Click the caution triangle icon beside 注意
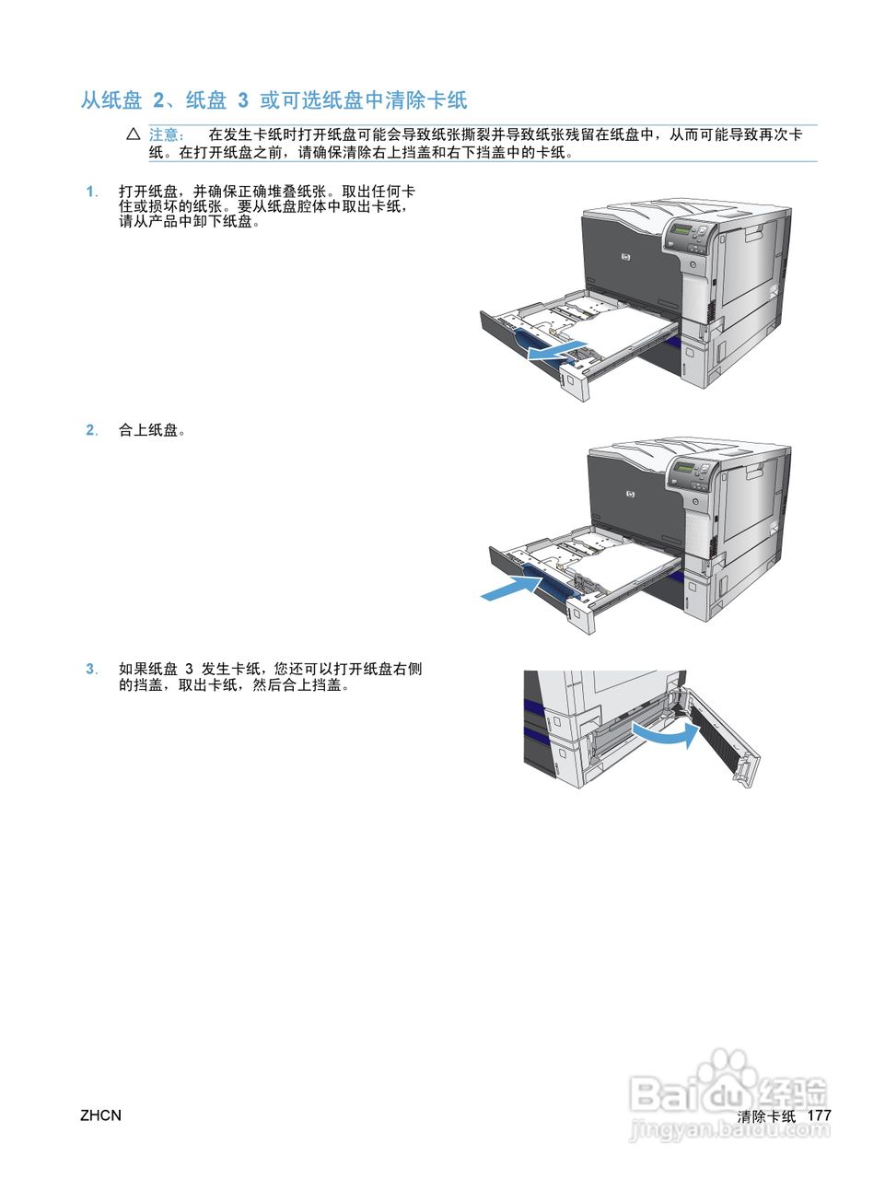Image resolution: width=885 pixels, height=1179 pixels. tap(133, 134)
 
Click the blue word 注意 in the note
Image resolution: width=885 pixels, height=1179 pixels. tap(167, 134)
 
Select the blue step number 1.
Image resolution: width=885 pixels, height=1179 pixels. tap(91, 192)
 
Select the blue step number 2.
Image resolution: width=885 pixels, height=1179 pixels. tap(91, 430)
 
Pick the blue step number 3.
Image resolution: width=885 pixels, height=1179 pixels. tap(91, 669)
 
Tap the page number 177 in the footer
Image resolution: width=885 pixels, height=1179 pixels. tap(819, 1115)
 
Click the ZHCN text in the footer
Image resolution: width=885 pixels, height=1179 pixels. tap(100, 1115)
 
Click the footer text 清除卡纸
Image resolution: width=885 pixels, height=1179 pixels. tap(766, 1115)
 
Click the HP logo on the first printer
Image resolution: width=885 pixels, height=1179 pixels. tap(626, 259)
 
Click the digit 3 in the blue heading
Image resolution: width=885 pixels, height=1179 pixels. tap(243, 100)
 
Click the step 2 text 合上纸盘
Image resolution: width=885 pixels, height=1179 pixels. tap(151, 430)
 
